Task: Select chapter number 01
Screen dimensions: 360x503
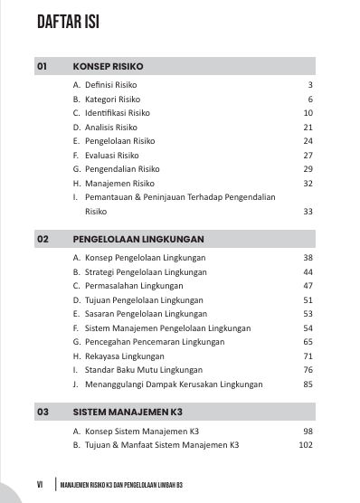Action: [x=42, y=66]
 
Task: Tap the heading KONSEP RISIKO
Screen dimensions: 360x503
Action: [x=108, y=66]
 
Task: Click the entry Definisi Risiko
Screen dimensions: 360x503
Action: [x=109, y=85]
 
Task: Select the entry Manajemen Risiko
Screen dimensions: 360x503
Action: [x=114, y=184]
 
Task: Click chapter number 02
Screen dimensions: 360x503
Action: [x=42, y=240]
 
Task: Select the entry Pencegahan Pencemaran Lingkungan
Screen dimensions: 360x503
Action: [x=150, y=342]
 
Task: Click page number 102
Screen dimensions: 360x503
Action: [x=305, y=445]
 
